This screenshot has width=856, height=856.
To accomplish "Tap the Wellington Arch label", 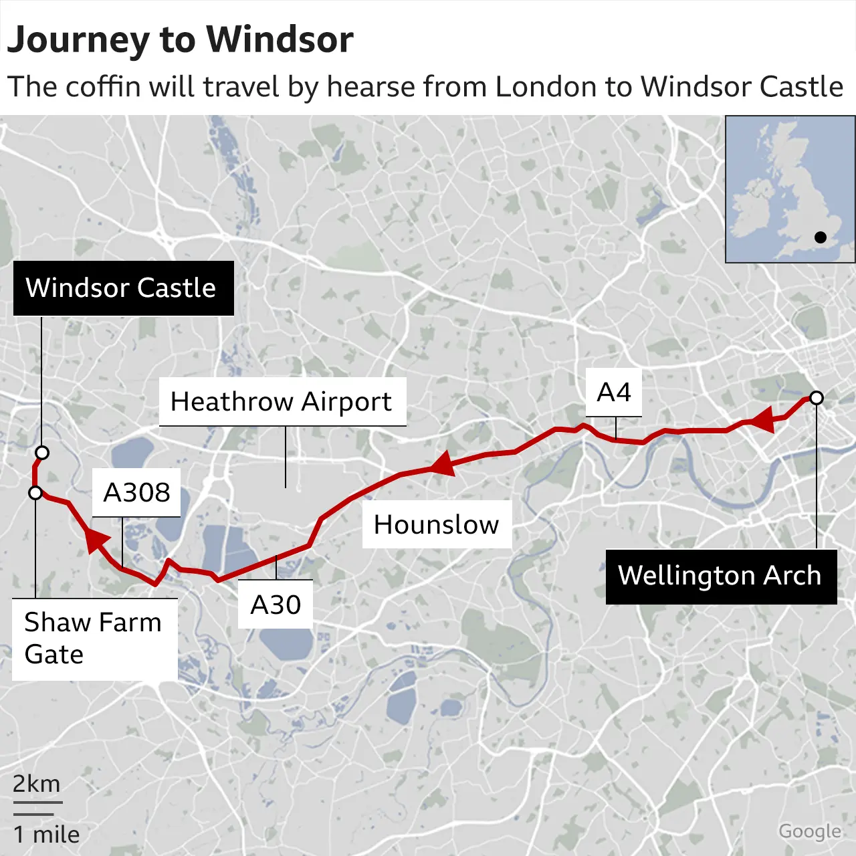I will pos(720,576).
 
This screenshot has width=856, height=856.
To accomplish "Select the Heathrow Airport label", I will pos(282,402).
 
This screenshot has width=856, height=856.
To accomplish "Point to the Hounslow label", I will pos(436,525).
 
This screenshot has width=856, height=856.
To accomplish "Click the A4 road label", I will pos(614,393).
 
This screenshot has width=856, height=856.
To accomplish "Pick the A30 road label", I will pos(276,605).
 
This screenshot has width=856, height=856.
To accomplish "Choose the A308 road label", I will pos(136,493).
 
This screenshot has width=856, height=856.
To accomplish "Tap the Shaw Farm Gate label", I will pos(93,638).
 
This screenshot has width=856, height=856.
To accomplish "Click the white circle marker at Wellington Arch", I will pos(816,398).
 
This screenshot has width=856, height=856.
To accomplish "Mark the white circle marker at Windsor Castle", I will pos(42,453).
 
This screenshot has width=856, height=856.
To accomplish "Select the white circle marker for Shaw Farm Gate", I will pos(35,493).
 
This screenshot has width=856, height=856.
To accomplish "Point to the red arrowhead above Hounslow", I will pos(443,463).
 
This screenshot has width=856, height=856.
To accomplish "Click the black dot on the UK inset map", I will pos(821,237).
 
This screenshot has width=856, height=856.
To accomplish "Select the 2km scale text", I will pos(37,783).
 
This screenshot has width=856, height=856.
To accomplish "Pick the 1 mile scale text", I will pos(46,835).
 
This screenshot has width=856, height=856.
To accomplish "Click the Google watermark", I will pos(810,831).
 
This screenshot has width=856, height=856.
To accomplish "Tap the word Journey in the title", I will pos(78,40).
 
